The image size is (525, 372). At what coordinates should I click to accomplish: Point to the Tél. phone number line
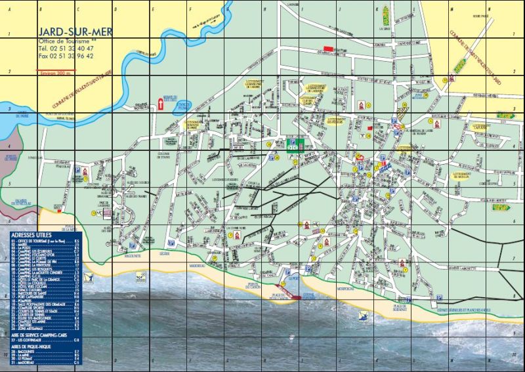(66, 48)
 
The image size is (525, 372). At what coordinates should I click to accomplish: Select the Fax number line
(66, 56)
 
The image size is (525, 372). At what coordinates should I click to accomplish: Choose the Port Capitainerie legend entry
(45, 297)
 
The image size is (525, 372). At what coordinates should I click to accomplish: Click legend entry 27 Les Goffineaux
(45, 340)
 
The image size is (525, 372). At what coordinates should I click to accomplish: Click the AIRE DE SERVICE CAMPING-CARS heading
(42, 335)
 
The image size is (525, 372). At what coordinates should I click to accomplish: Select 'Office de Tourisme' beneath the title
(66, 41)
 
